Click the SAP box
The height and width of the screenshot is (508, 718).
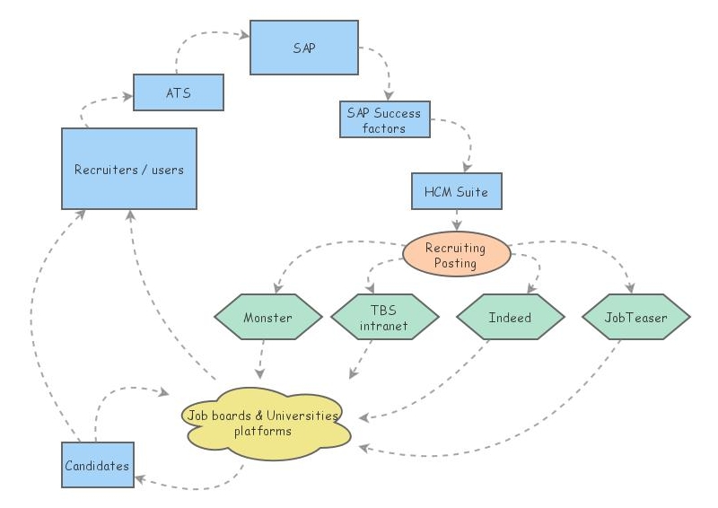tap(304, 47)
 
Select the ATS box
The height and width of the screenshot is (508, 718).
tap(178, 92)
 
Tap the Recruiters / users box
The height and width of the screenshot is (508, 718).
tap(128, 168)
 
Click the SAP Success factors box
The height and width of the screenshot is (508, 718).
tap(384, 119)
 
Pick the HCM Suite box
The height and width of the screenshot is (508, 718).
tap(457, 192)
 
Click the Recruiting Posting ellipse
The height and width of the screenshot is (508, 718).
tap(456, 256)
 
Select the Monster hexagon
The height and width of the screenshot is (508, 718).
tap(267, 318)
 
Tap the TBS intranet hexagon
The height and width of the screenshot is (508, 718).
tap(384, 318)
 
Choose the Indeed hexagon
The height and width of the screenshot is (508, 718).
tap(510, 318)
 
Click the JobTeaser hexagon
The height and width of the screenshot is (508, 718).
tap(636, 318)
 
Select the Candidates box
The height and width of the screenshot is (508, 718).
tap(97, 465)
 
